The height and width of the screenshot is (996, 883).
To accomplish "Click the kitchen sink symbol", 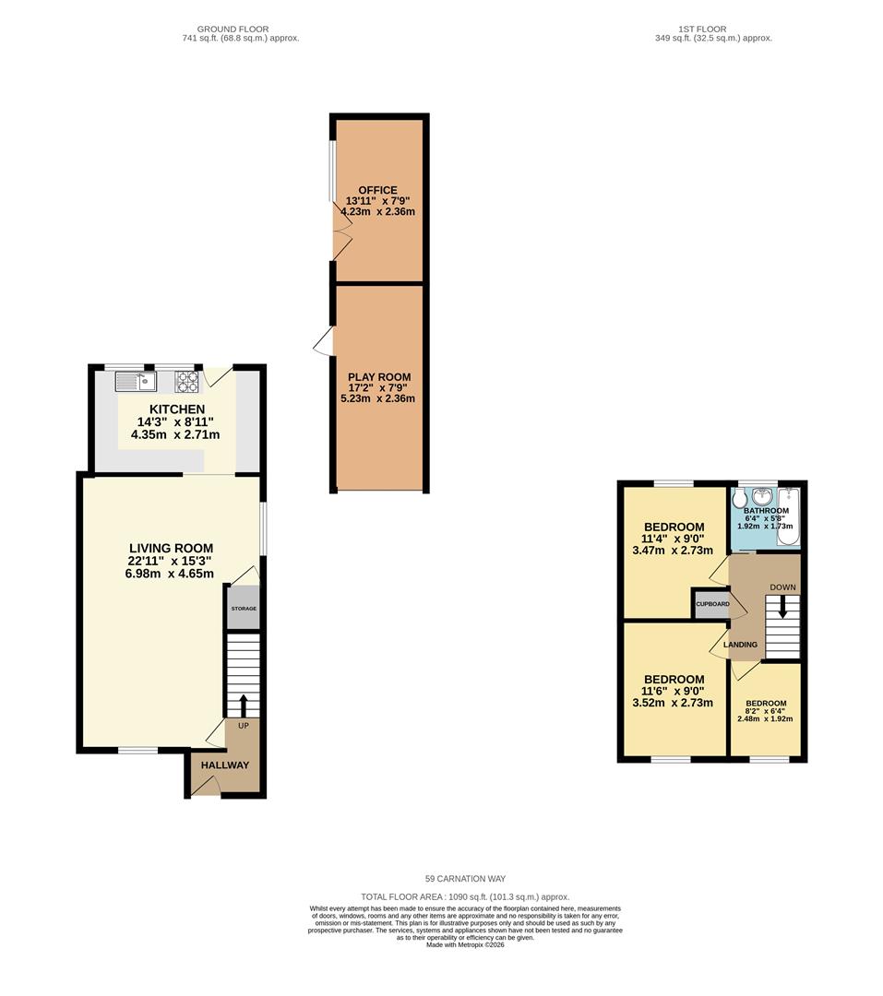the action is (136, 381).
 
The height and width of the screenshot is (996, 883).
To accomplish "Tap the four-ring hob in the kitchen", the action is (187, 381).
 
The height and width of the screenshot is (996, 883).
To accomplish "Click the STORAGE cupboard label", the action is (244, 609).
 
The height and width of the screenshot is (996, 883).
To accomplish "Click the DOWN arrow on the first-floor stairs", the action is (782, 609).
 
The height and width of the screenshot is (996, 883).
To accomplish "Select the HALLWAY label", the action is (225, 765).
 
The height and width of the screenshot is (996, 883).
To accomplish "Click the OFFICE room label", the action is (377, 190).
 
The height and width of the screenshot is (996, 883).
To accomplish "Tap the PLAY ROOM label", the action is (379, 376).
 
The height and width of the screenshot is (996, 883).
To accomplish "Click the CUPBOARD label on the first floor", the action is (712, 604).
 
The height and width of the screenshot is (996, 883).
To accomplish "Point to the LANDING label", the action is (741, 645).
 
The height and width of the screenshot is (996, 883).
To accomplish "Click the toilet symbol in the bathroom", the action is (739, 498).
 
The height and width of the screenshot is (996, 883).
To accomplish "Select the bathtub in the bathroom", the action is (788, 517).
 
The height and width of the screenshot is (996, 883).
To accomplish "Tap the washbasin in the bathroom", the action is (762, 496).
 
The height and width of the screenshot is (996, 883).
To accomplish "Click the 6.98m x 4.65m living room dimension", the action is (170, 574).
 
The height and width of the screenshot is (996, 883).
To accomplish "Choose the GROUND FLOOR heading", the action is (233, 30).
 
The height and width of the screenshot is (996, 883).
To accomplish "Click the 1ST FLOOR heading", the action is (702, 30).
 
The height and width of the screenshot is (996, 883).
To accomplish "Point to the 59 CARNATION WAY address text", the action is (465, 879).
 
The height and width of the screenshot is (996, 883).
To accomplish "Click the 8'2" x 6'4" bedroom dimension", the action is (766, 711).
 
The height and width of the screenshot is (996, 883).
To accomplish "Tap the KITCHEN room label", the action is (177, 409).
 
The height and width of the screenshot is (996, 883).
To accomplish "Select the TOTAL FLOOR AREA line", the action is (465, 897).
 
